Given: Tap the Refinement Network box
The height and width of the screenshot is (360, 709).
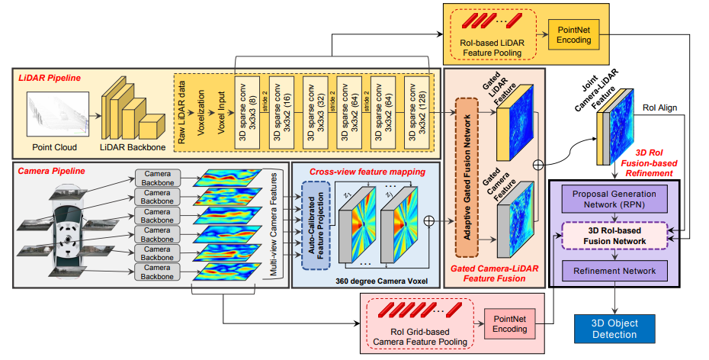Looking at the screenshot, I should [x=613, y=271].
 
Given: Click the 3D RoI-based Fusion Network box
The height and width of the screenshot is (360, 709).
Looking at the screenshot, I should [x=613, y=236].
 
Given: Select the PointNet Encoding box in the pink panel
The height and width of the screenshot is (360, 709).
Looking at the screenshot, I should [x=509, y=323].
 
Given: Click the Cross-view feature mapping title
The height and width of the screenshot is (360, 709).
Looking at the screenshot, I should [x=367, y=172].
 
